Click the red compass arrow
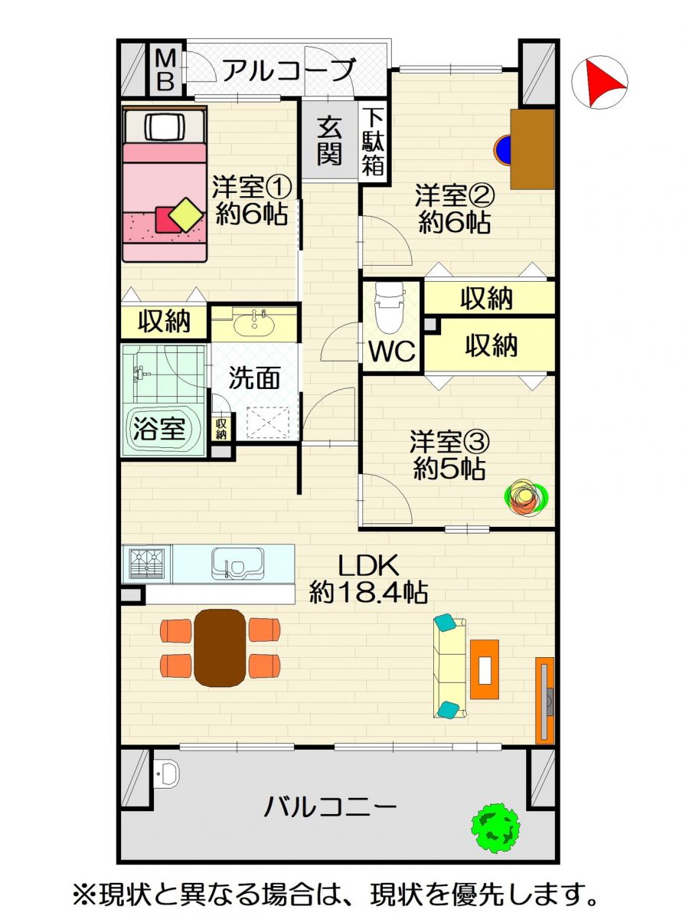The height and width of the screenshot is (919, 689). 602,83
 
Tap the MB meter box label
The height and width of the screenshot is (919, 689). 165,70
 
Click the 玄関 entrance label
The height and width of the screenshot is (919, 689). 329,141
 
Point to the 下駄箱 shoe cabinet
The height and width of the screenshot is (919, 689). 373,142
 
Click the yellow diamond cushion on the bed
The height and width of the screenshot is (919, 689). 187,215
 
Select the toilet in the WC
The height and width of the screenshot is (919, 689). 390,307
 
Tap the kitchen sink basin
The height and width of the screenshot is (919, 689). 237,563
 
